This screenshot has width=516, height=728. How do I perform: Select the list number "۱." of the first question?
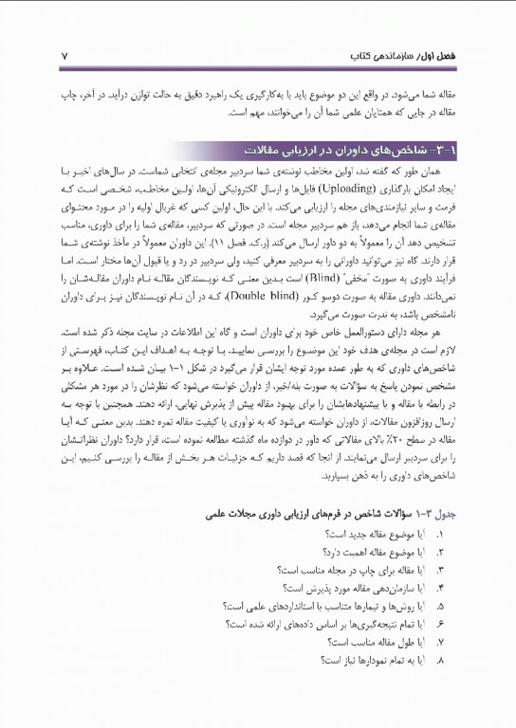click(441, 535)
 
